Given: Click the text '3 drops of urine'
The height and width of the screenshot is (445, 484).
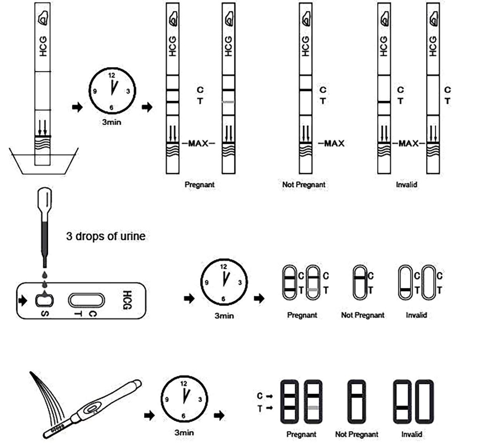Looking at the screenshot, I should [x=106, y=236].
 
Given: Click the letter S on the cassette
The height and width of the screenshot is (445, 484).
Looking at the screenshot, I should [x=45, y=314].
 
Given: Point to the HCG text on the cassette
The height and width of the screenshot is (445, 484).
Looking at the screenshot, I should [x=127, y=300].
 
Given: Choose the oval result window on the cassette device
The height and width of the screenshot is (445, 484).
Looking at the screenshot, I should [x=86, y=300].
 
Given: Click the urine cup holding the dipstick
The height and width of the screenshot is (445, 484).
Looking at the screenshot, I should [x=43, y=161].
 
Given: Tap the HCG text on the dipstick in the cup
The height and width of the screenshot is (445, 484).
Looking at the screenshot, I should [x=43, y=46].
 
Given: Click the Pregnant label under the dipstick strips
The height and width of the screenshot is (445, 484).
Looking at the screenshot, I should [x=199, y=184].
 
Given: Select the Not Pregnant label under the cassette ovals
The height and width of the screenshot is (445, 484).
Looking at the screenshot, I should [x=362, y=315].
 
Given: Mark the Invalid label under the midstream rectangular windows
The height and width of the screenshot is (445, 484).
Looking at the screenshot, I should [x=412, y=434].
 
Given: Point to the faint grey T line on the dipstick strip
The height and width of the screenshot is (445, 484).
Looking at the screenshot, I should [x=228, y=102].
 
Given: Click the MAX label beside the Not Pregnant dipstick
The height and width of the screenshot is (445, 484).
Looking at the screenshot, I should [x=334, y=143].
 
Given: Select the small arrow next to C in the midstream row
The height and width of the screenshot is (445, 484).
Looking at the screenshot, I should [x=269, y=396].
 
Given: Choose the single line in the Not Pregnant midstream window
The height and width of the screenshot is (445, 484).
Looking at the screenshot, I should [x=357, y=395].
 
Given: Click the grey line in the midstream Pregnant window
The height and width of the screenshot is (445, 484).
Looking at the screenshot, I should [x=313, y=407].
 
